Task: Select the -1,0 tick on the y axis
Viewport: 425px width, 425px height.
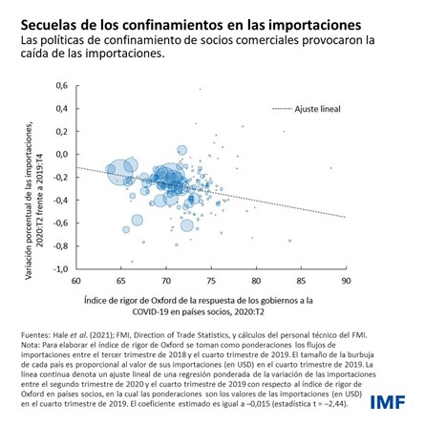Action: pos(60,270)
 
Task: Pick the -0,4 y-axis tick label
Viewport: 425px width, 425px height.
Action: pos(60,202)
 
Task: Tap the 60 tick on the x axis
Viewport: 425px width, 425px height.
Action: pos(76,282)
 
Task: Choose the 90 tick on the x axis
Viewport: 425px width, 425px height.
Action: pos(345,282)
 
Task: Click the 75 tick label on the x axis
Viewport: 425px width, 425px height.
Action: pos(211,282)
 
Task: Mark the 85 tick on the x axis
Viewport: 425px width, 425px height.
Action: pos(301,282)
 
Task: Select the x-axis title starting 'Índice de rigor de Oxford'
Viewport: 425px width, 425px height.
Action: pos(210,301)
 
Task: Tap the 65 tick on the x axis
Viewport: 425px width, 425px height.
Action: pos(121,282)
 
